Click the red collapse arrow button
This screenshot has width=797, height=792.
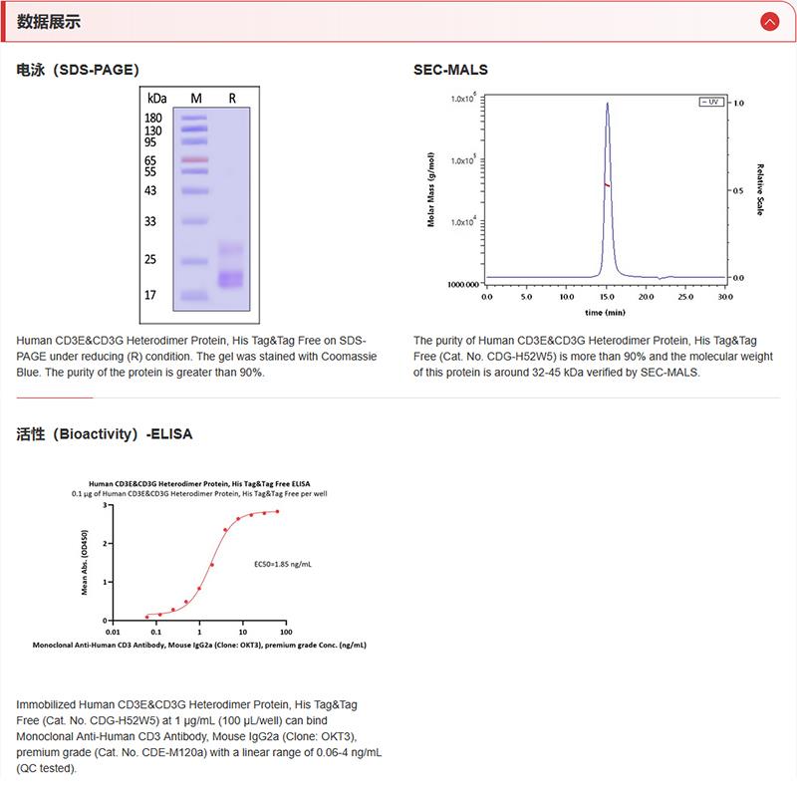point(768,21)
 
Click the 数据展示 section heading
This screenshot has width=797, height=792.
point(49,22)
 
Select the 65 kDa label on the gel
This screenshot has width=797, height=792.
point(152,160)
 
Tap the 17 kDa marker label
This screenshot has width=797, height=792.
point(152,295)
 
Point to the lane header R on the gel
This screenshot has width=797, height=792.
point(232,98)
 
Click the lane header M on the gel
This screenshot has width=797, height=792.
point(196,98)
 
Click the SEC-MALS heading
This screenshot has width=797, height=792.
point(450,70)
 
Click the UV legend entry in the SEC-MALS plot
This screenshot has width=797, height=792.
point(711,103)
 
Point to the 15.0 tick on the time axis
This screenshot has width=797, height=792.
point(607,297)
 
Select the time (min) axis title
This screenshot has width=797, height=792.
point(605,312)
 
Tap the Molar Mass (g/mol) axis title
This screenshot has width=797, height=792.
point(430,189)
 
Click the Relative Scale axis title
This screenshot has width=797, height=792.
point(759,189)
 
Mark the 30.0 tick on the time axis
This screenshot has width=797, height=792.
point(726,297)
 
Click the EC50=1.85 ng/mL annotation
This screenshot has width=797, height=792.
point(283,564)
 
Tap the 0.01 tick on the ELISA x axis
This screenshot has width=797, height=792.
point(114,631)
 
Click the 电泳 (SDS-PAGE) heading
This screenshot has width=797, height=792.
point(78,70)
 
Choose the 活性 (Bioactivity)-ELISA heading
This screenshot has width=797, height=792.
point(105,434)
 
